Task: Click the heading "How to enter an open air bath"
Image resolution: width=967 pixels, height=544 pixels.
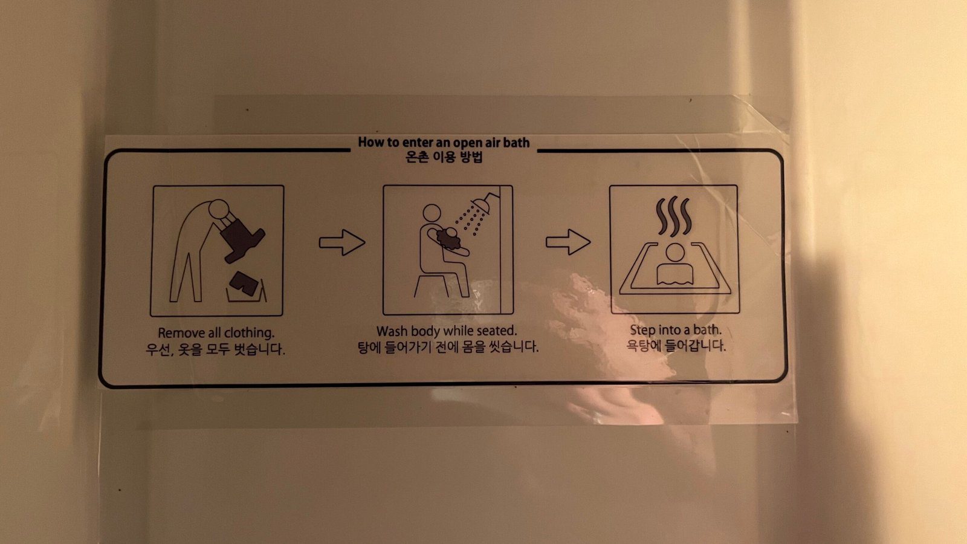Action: coord(444,143)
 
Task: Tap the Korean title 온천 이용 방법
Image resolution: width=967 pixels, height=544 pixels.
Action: coord(444,157)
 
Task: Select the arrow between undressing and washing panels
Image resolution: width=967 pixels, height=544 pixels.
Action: coord(342,242)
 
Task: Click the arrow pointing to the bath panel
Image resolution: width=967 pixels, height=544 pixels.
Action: coord(568,242)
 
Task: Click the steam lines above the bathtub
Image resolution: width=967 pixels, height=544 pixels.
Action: coord(673,216)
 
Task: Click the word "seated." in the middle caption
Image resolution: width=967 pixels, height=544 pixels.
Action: coord(496,331)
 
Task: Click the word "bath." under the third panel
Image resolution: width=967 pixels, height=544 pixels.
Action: coord(708,330)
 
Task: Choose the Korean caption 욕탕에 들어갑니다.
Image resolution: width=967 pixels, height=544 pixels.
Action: coord(676,346)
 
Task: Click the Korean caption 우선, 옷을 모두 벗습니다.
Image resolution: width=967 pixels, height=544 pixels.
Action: coord(215,349)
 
